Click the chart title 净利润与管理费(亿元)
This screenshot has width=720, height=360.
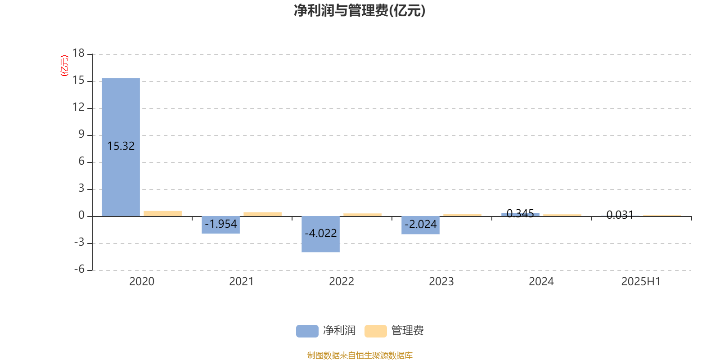pos(360,10)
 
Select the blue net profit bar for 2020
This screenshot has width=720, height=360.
pos(121,147)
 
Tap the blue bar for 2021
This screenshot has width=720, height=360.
pos(221,225)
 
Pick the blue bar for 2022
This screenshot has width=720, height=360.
pos(320,234)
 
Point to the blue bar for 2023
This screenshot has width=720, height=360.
pos(420,225)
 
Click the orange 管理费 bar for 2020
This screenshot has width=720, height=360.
pos(162,213)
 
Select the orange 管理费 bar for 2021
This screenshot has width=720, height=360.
pos(263,214)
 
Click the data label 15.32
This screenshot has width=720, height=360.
pos(121,146)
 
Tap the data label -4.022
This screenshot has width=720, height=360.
pos(320,233)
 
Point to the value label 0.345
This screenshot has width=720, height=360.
pos(520,213)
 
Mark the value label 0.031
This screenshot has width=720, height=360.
pos(620,215)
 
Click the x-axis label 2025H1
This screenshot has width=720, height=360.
pos(641,282)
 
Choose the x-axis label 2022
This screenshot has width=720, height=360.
pos(342,282)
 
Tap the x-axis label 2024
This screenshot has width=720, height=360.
pos(541,282)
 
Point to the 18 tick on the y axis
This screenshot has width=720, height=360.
pos(78,53)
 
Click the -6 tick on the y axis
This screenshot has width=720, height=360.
pos(79,269)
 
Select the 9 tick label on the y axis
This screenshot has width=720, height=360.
pos(81,134)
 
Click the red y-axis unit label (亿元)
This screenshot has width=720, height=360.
pos(64,66)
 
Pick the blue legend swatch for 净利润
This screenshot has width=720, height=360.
pos(307,331)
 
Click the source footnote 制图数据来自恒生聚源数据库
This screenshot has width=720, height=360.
pos(360,355)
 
